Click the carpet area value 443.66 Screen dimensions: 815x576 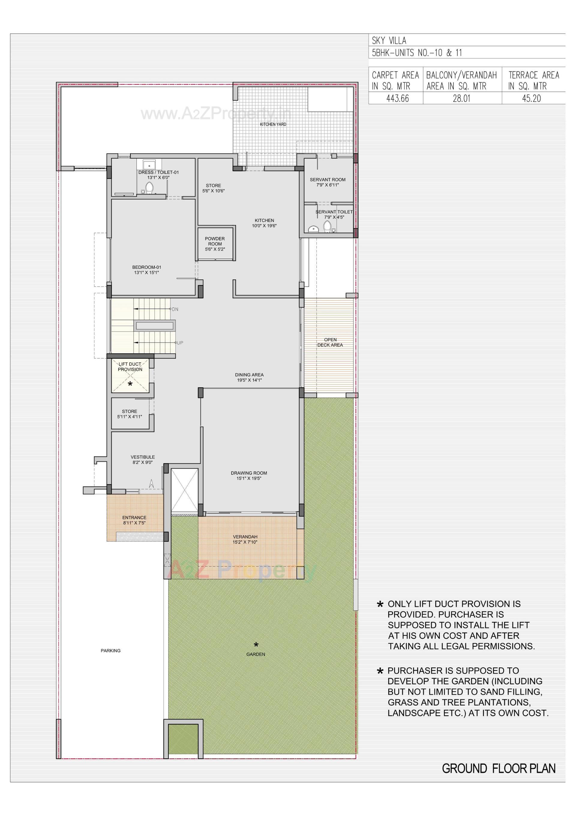coord(397,98)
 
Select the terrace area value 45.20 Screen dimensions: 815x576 coord(531,98)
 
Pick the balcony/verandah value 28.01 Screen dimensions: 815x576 coord(461,98)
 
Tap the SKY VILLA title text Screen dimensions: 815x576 coord(389,40)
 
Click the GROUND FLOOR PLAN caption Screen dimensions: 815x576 coord(499,769)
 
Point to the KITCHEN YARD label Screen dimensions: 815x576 coord(273,124)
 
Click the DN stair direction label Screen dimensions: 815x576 coord(175,309)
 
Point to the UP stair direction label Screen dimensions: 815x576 coord(180,343)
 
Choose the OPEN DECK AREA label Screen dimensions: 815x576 coord(330,342)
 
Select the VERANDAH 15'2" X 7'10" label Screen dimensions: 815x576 coord(245,540)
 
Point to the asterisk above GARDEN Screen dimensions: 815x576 coord(256,644)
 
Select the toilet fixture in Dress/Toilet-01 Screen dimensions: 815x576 coord(149,188)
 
